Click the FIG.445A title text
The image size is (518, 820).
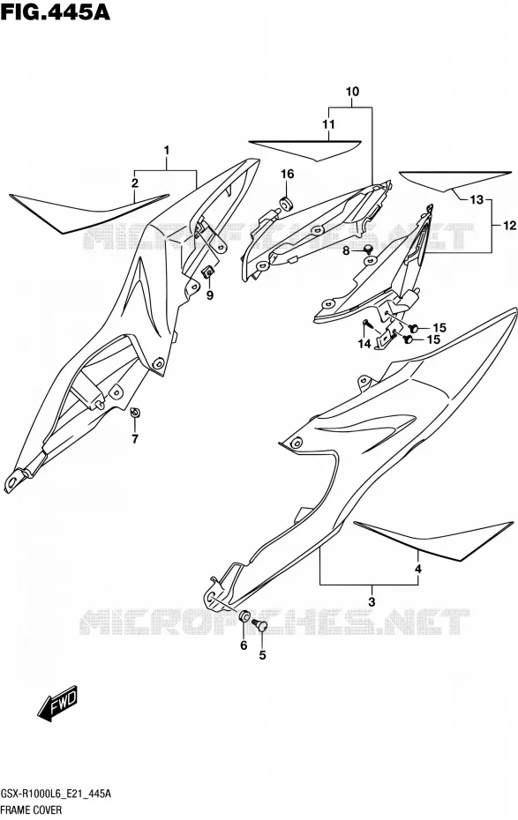click(56, 11)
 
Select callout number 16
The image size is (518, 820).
click(288, 175)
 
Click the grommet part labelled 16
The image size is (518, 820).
click(286, 203)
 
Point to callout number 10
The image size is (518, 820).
click(352, 92)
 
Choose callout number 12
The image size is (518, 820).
click(510, 226)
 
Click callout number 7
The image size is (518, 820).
click(135, 439)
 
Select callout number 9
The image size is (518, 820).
click(209, 295)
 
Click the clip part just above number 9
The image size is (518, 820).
click(207, 272)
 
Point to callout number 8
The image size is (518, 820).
click(346, 251)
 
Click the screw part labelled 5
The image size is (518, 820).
click(259, 624)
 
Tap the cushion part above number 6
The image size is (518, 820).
click(244, 616)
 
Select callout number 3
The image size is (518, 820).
click(372, 601)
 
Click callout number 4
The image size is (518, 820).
click(418, 569)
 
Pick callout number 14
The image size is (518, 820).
click(364, 343)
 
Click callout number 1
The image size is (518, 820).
click(167, 151)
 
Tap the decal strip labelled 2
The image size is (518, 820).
click(89, 212)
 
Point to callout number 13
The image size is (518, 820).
click(477, 200)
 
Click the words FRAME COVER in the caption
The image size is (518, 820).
click(31, 810)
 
